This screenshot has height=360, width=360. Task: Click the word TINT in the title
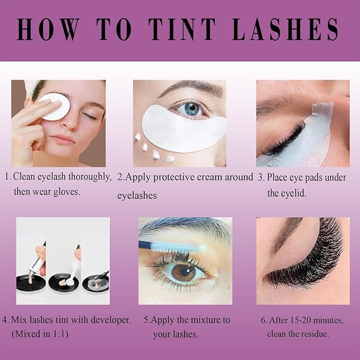coord(182,29)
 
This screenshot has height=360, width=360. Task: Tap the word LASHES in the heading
coord(285,29)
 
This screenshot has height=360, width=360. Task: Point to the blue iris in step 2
coord(193,109)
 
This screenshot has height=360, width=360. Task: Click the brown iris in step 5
coord(183,273)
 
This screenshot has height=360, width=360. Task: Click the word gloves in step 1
coord(67,192)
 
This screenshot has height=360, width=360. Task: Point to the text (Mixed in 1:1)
coord(40,333)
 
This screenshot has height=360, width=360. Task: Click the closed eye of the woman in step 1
coord(90,116)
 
